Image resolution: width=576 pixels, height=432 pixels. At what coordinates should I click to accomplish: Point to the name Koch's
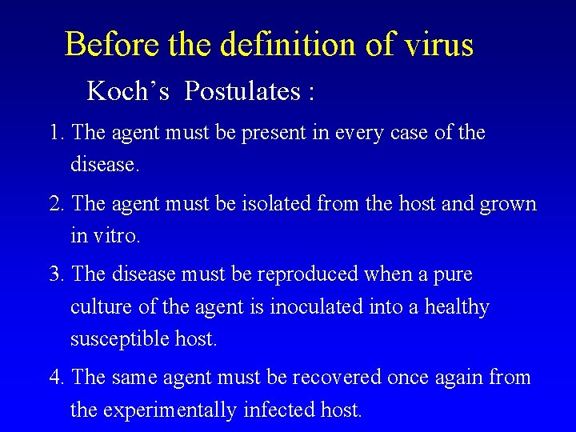coord(128,92)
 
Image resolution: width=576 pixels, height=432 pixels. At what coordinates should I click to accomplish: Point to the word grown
coord(508,204)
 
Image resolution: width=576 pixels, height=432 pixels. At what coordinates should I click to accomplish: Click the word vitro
coord(120,237)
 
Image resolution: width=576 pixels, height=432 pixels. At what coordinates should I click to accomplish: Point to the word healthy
coord(459,307)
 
